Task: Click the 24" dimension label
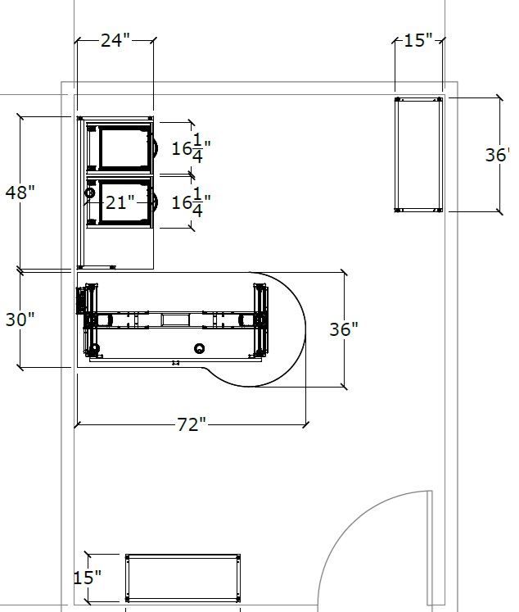[x=115, y=40]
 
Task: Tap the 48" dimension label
[x=20, y=192]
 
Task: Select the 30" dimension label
[x=20, y=320]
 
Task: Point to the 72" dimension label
[x=191, y=424]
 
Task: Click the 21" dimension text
[x=120, y=202]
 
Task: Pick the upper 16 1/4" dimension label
[x=191, y=148]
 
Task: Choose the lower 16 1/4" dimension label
[x=191, y=202]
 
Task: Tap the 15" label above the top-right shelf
[x=418, y=40]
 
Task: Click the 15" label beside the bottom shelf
[x=88, y=578]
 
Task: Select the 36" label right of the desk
[x=344, y=329]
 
